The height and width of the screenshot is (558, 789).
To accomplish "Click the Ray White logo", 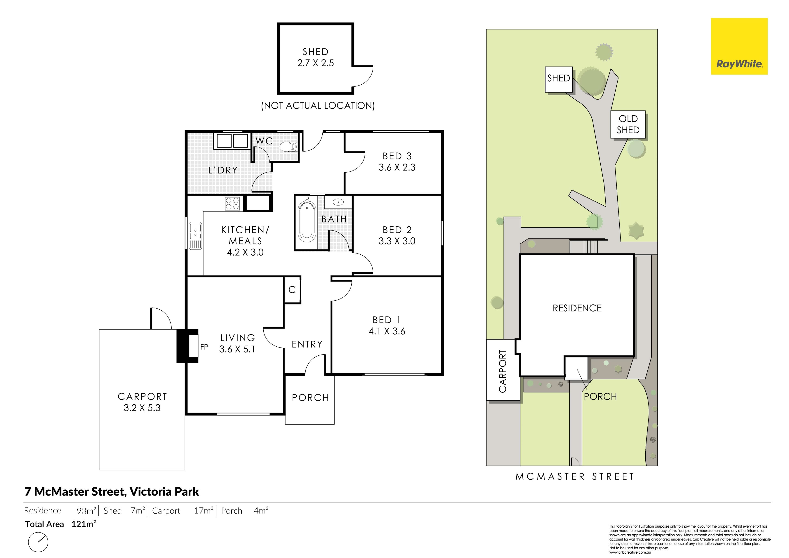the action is [x=739, y=46].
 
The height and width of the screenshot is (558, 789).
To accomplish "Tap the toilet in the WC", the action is [x=288, y=147].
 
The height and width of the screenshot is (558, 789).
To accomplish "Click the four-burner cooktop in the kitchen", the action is [x=232, y=203].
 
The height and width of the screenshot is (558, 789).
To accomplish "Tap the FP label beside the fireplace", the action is [x=204, y=347].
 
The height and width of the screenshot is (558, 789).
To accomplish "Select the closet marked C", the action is [x=292, y=290].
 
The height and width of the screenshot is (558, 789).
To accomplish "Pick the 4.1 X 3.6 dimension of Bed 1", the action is [x=387, y=331].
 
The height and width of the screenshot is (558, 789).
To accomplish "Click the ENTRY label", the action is [x=307, y=344].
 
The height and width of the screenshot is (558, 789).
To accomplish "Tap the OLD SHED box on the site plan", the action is [x=628, y=124].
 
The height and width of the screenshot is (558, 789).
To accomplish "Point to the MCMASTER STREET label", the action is [x=575, y=477].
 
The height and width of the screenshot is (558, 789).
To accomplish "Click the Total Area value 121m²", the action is [x=83, y=524].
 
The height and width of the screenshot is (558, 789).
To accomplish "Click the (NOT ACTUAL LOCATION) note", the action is [x=318, y=105].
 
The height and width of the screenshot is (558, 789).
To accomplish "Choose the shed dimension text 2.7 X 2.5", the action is [x=315, y=63].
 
